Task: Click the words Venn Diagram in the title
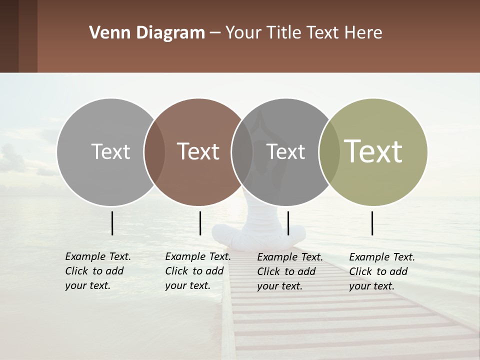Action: [146, 33]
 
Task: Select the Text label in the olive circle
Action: [373, 151]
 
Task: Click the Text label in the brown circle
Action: [198, 151]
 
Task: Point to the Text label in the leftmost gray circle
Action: [110, 151]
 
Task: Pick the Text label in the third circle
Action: [286, 151]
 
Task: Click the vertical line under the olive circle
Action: [372, 223]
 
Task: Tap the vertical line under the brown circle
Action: [200, 223]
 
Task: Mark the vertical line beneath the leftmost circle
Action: [112, 223]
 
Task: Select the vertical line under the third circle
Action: [288, 223]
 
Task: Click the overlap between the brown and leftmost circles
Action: [154, 151]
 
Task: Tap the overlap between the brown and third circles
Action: [242, 151]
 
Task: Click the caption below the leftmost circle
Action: [98, 271]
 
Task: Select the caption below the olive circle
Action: [382, 271]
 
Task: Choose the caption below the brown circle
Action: [198, 271]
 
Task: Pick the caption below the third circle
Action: [290, 271]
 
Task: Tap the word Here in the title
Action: [363, 33]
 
